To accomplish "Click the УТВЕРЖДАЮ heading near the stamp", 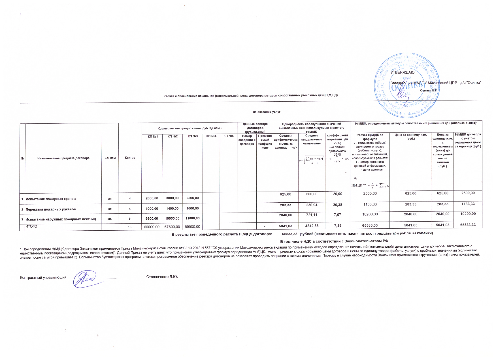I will pyautogui.click(x=402, y=72).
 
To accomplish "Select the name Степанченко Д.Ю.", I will pyautogui.click(x=162, y=277).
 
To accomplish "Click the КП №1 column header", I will pyautogui.click(x=153, y=136).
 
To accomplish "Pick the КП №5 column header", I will pyautogui.click(x=228, y=136).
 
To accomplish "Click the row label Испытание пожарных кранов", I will pyautogui.click(x=51, y=199).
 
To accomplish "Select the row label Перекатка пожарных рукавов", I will pyautogui.click(x=51, y=209).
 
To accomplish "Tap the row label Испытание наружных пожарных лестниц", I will pyautogui.click(x=61, y=219).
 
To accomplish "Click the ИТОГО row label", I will pyautogui.click(x=31, y=226).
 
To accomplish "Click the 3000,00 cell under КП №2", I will pyautogui.click(x=172, y=198).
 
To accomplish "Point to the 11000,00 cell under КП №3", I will pyautogui.click(x=193, y=218).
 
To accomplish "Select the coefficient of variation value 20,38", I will pyautogui.click(x=337, y=205).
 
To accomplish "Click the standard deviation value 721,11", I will pyautogui.click(x=312, y=215).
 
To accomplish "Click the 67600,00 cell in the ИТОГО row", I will pyautogui.click(x=172, y=227).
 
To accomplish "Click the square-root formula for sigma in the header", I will pyautogui.click(x=312, y=160).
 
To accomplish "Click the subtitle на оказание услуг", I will pyautogui.click(x=267, y=112).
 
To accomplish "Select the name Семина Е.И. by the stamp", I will pyautogui.click(x=429, y=91).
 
